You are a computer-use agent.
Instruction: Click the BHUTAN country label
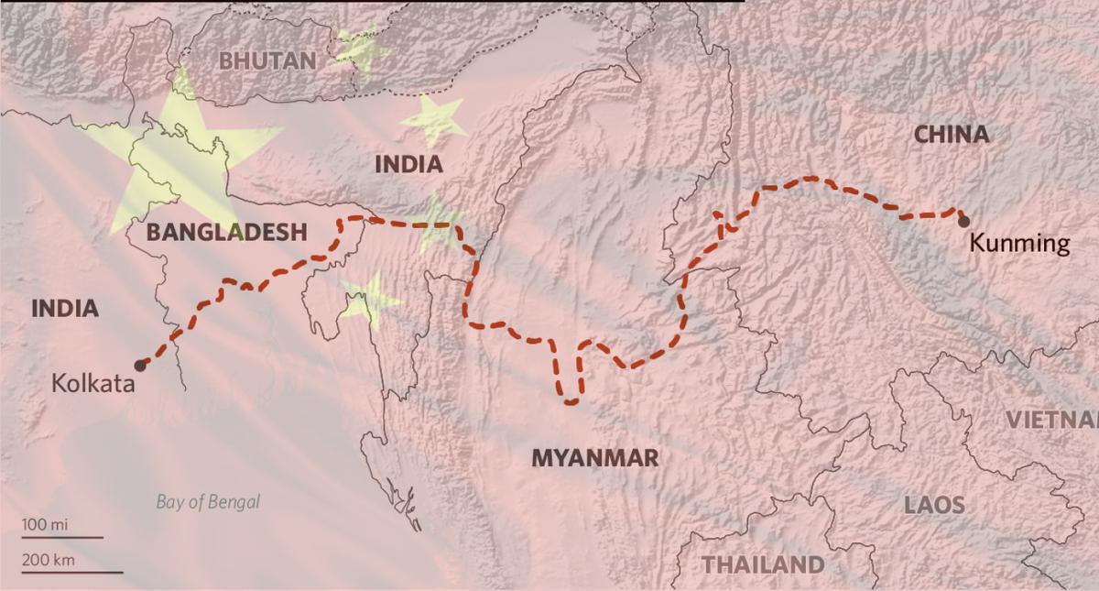point(267,61)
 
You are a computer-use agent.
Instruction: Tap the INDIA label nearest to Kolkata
point(64,308)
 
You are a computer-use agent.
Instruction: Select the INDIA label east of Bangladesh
point(408,165)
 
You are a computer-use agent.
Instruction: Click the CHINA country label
point(952,135)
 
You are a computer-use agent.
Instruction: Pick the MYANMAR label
point(595,457)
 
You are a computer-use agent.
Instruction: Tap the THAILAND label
point(763,563)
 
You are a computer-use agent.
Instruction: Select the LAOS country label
point(934,505)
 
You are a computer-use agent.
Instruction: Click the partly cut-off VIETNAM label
point(1053,420)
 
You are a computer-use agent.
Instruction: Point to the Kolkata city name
point(93,384)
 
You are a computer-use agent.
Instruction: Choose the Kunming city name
point(1018,244)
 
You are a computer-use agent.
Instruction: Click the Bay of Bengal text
point(208,501)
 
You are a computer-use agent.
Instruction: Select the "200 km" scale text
point(49,560)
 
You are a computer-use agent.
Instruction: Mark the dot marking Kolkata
point(140,365)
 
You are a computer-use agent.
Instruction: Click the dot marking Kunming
point(963,221)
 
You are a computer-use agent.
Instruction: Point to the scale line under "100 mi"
point(62,538)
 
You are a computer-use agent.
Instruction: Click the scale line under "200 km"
point(71,572)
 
